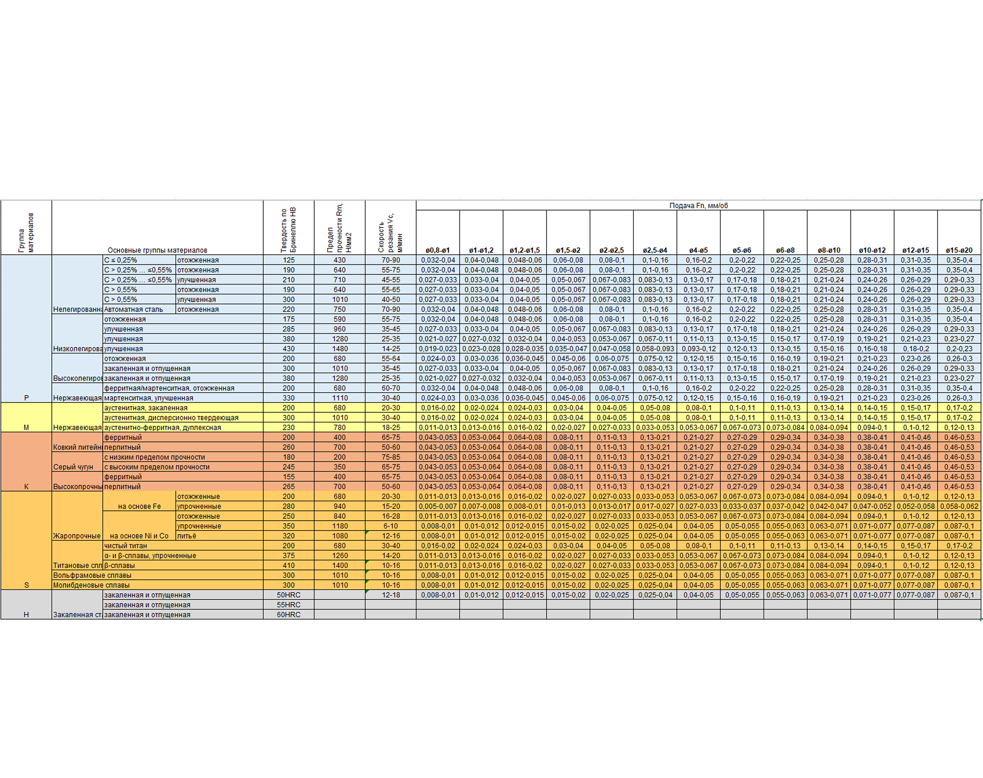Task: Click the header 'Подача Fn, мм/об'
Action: pos(698,205)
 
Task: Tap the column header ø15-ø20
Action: pos(959,250)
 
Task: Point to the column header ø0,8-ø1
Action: pos(438,250)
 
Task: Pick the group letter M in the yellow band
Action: pos(26,427)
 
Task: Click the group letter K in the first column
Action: pos(26,487)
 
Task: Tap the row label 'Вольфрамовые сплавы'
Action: pos(92,575)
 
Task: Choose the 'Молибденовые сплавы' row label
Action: pos(91,585)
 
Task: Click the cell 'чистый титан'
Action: pos(126,546)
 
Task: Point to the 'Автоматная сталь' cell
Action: pos(133,309)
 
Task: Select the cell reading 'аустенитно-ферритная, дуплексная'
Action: pos(163,427)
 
